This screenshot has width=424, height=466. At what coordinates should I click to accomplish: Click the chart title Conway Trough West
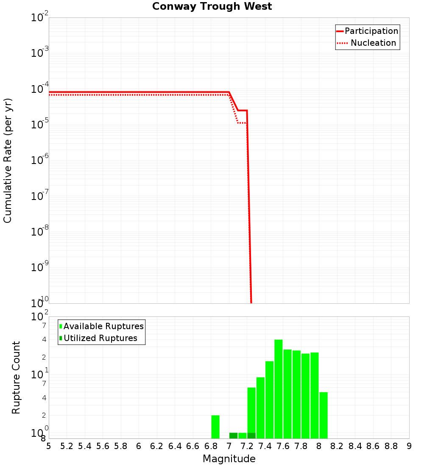pos(212,6)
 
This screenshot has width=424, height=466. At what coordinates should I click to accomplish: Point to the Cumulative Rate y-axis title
pos(8,160)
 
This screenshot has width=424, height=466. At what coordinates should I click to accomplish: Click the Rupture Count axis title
pos(16,377)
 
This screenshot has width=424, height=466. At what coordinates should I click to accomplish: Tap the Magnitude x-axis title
pos(229,459)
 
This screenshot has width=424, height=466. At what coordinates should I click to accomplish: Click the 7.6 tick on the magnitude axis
pos(283,446)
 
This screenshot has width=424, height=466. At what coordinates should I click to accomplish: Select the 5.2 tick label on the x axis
pos(67,446)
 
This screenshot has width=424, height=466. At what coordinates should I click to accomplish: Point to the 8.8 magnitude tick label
pos(391,446)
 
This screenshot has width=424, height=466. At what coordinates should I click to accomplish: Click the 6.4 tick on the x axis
pos(175,446)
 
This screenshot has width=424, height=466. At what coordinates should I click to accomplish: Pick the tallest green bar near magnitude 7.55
pos(279,389)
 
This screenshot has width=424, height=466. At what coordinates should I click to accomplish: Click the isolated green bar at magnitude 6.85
pos(215,427)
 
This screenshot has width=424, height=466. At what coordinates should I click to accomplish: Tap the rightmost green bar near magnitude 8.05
pos(324,415)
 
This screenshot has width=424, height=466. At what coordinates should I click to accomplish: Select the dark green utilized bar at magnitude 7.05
pos(233,435)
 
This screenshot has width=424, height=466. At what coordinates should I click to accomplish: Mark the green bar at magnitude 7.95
pos(315,395)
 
